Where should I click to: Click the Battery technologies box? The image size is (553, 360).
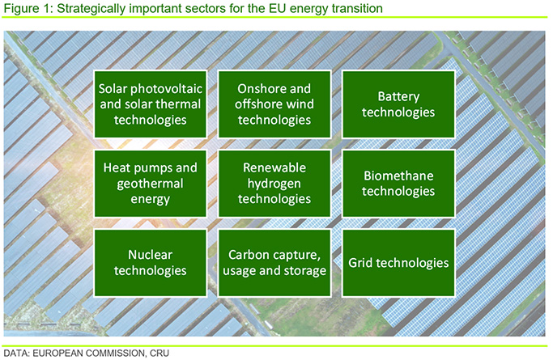pyautogui.click(x=398, y=104)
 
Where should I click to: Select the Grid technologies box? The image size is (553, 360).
pyautogui.click(x=398, y=263)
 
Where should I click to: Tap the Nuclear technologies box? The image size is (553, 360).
pyautogui.click(x=151, y=263)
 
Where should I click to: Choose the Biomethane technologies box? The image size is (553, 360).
pyautogui.click(x=398, y=184)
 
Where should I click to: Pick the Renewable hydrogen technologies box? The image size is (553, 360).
pyautogui.click(x=274, y=184)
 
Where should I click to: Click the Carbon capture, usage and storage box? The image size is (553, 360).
pyautogui.click(x=274, y=263)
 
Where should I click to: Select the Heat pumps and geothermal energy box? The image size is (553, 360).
pyautogui.click(x=151, y=184)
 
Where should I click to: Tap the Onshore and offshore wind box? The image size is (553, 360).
pyautogui.click(x=274, y=104)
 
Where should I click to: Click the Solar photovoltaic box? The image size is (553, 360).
pyautogui.click(x=151, y=104)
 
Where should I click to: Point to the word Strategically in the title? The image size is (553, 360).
pyautogui.click(x=91, y=8)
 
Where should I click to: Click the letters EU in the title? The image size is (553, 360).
pyautogui.click(x=278, y=8)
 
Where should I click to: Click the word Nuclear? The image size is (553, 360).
pyautogui.click(x=151, y=255)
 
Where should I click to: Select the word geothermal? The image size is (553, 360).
pyautogui.click(x=151, y=184)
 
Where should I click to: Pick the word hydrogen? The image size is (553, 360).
pyautogui.click(x=274, y=184)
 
